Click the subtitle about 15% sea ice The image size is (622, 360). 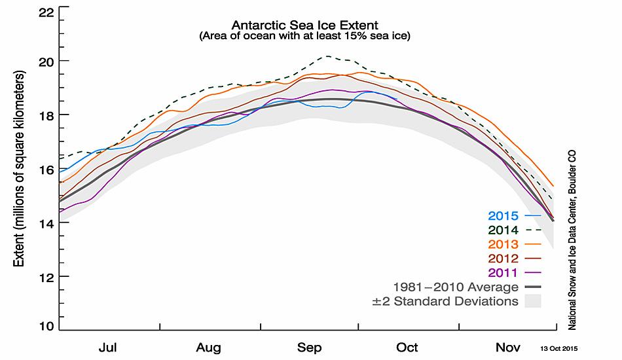304,37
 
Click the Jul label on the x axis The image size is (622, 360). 107,347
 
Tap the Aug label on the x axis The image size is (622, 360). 208,347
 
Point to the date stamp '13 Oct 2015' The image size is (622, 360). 558,348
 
